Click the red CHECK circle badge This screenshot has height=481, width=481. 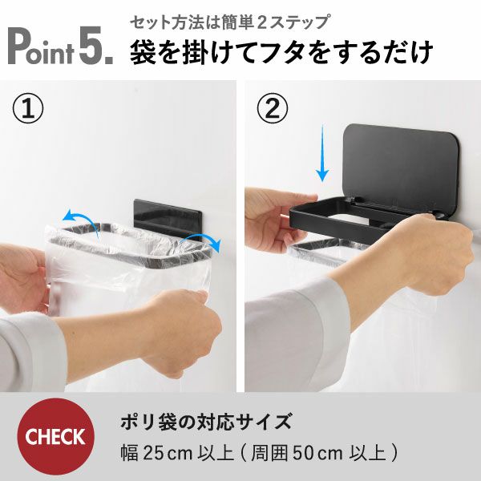point(55,437)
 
